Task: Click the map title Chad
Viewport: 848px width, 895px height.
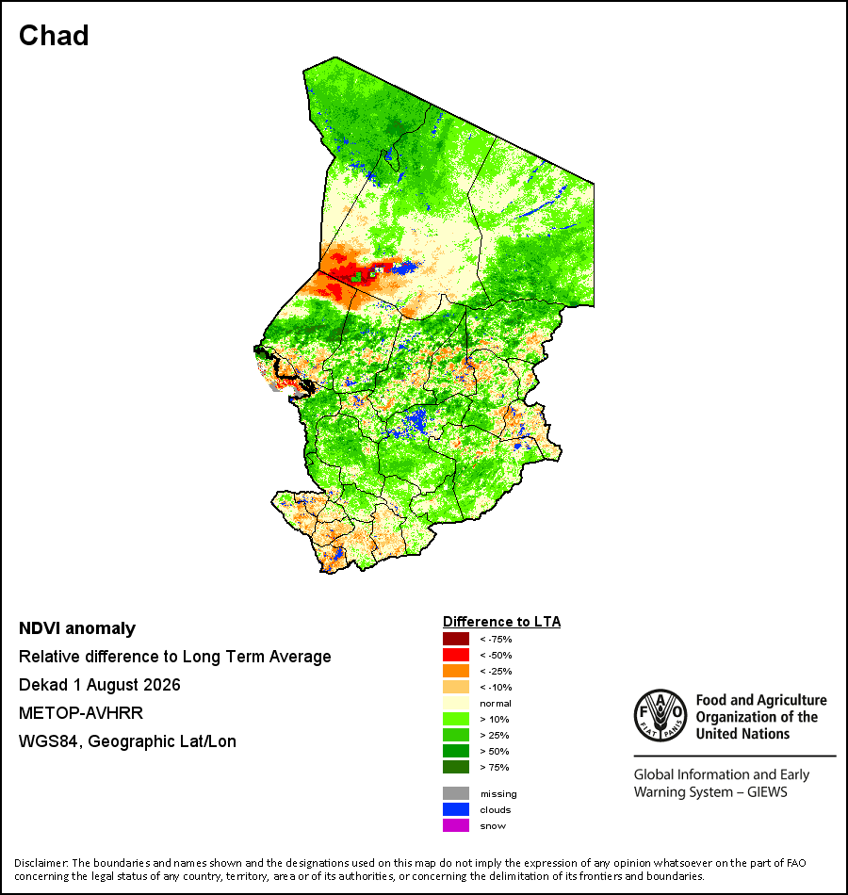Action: [x=54, y=36]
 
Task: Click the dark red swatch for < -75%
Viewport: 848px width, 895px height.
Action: [x=456, y=639]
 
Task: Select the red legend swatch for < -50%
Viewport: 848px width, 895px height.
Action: [x=456, y=655]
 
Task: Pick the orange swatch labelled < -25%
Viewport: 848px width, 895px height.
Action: [x=456, y=671]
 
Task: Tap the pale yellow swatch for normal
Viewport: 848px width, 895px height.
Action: [x=456, y=703]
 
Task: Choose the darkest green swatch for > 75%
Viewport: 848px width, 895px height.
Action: [x=456, y=767]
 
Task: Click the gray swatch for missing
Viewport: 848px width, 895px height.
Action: [x=456, y=793]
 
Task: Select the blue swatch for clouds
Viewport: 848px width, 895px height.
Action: [x=456, y=809]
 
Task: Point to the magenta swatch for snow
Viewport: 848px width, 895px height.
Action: [x=456, y=825]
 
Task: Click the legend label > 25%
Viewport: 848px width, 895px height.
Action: [x=495, y=735]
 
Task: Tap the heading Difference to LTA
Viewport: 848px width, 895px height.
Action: [x=501, y=622]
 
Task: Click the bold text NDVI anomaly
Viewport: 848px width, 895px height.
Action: [x=77, y=628]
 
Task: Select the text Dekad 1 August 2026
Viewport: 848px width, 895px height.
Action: [x=99, y=685]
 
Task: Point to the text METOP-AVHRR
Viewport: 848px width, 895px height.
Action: [x=81, y=713]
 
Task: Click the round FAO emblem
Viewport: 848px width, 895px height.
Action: [x=660, y=716]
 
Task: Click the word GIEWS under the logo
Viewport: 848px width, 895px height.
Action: [x=767, y=792]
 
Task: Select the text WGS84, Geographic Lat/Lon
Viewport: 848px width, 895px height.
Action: [x=127, y=741]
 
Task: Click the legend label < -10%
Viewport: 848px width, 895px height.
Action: [x=496, y=687]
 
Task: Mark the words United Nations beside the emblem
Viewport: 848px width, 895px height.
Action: [x=742, y=734]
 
